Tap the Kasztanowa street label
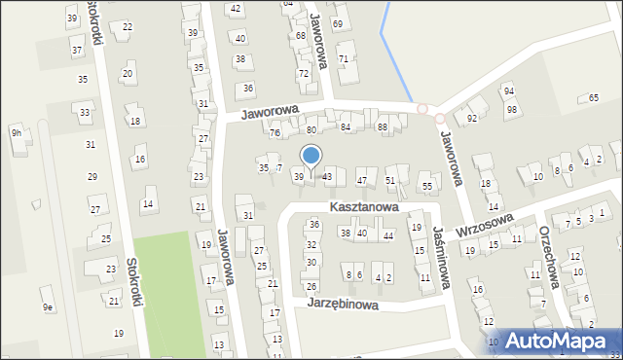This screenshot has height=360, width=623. pyautogui.click(x=363, y=207)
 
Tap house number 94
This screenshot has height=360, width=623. pyautogui.click(x=508, y=90)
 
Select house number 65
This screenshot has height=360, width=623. pyautogui.click(x=594, y=98)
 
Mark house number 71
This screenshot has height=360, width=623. pyautogui.click(x=343, y=59)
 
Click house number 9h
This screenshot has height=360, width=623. pyautogui.click(x=17, y=132)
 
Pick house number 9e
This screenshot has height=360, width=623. pyautogui.click(x=47, y=307)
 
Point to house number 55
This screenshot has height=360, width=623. pyautogui.click(x=426, y=186)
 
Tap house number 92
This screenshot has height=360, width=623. pyautogui.click(x=472, y=119)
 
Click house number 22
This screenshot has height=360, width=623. pyautogui.click(x=128, y=26)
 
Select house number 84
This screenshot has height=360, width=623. pyautogui.click(x=346, y=127)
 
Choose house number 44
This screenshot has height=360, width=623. pyautogui.click(x=387, y=236)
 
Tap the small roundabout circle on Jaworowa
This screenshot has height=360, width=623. pyautogui.click(x=422, y=108)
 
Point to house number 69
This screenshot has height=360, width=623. pyautogui.click(x=337, y=23)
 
